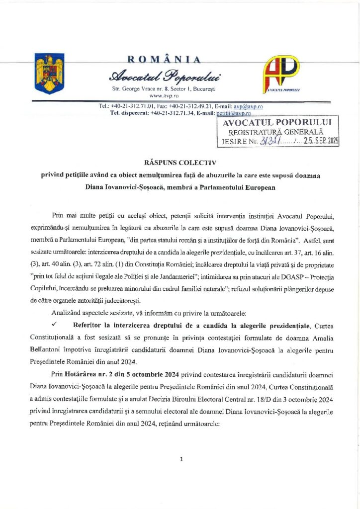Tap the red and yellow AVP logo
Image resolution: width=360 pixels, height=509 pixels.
282,75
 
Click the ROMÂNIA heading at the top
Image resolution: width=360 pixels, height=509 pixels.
164,60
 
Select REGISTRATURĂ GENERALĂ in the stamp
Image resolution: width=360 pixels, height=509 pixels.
276,132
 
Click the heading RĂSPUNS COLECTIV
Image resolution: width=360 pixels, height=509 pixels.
180,163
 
